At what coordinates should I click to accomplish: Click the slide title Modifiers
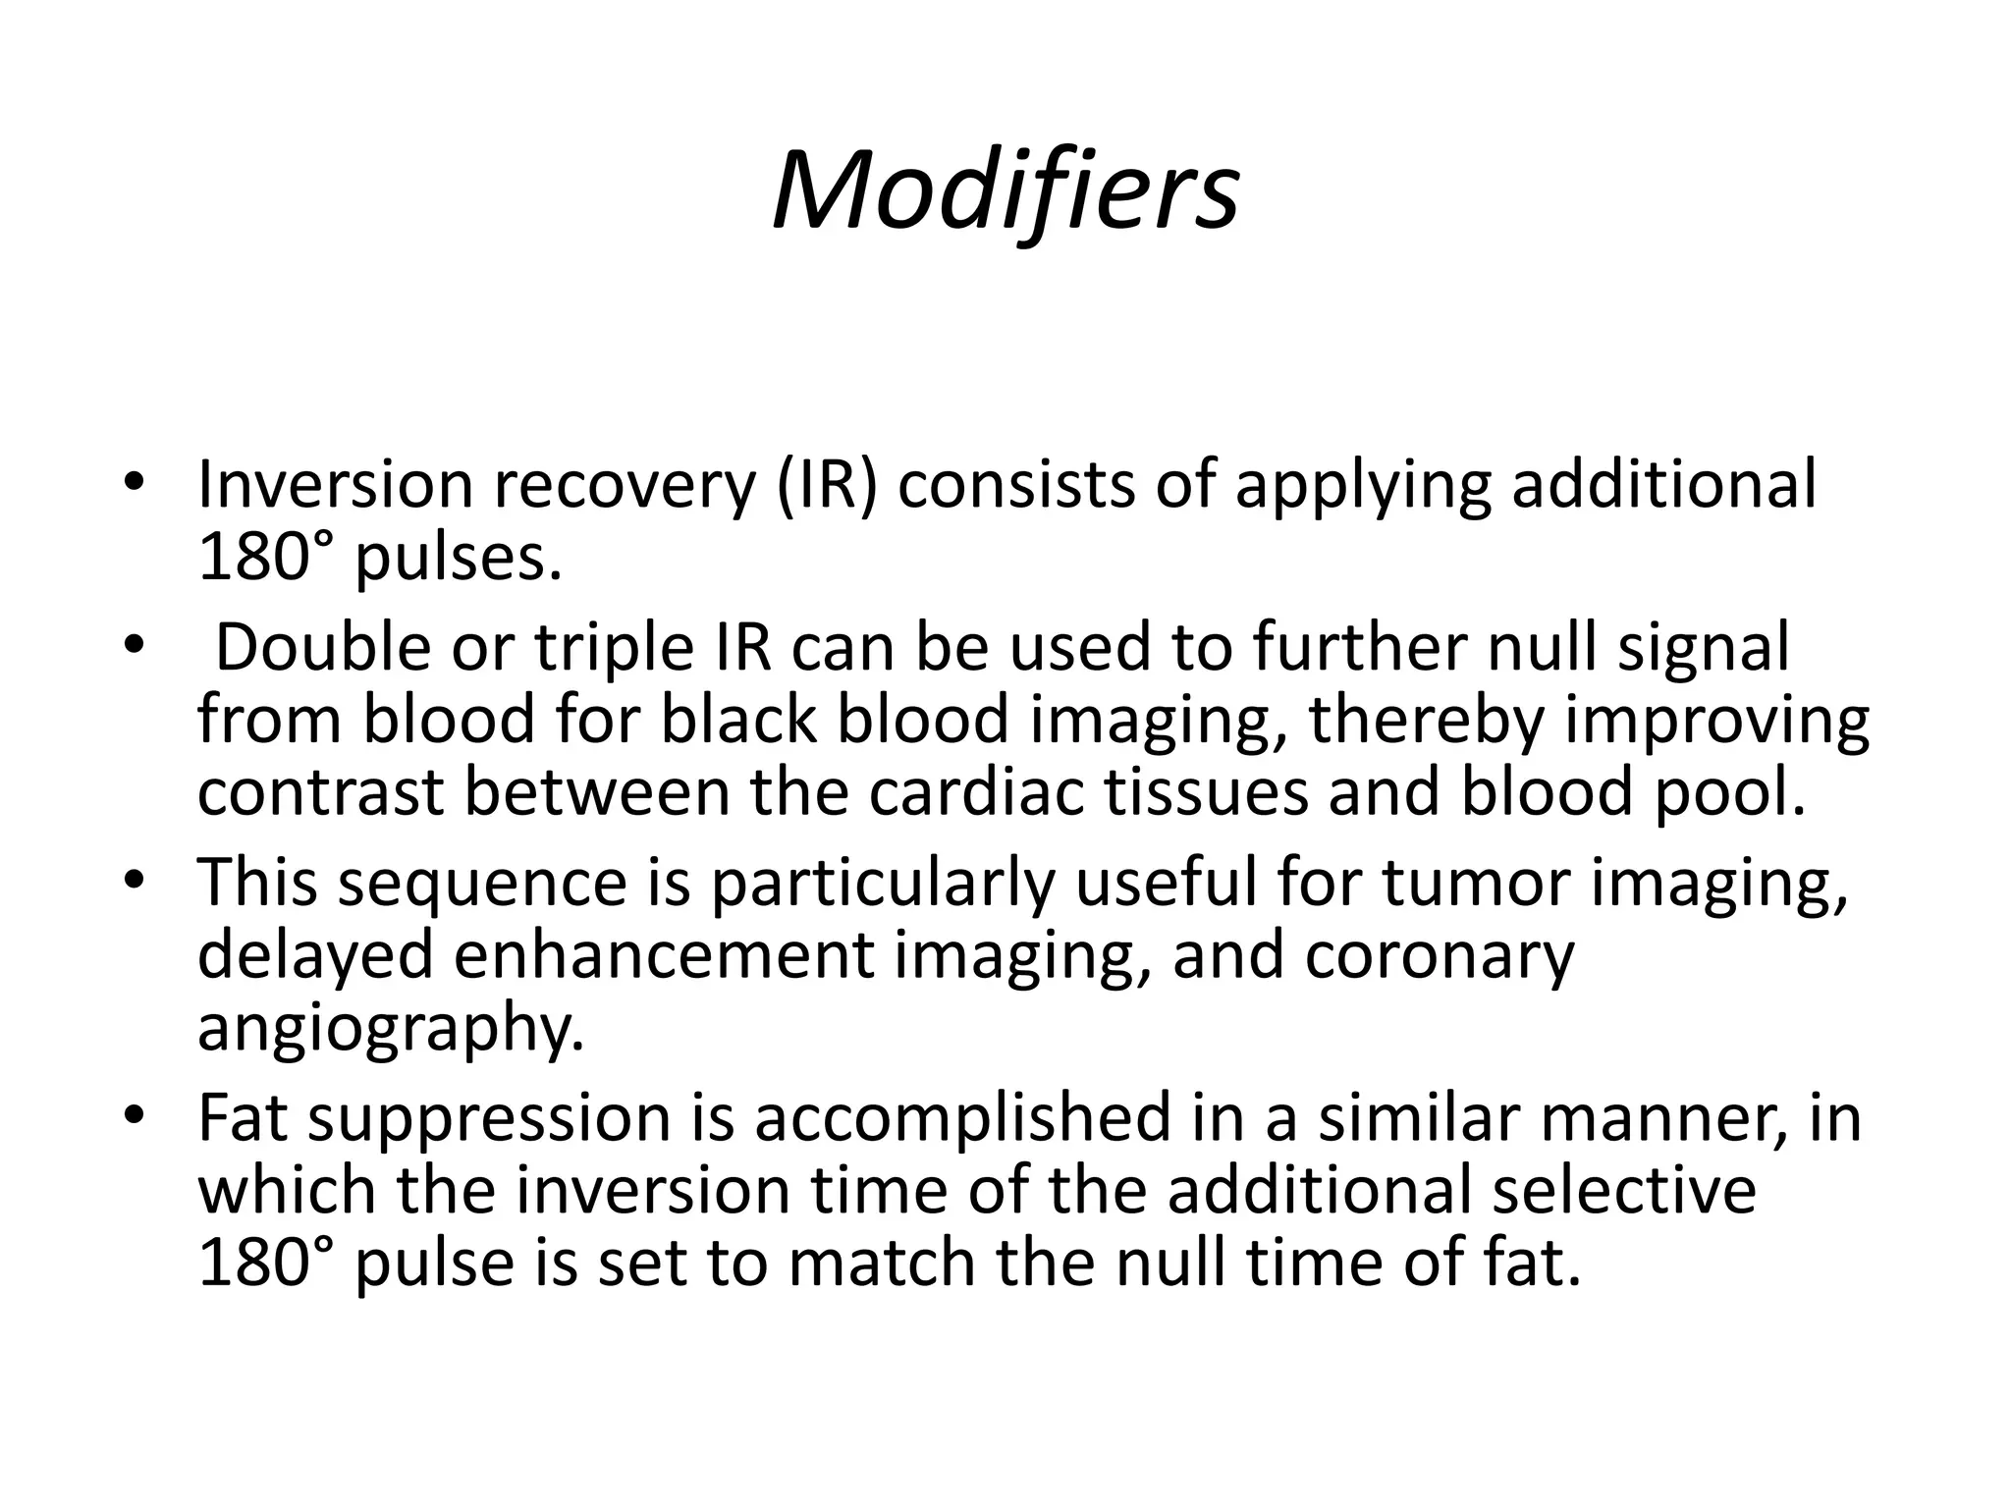pos(1005,190)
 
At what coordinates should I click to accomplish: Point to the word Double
pos(323,649)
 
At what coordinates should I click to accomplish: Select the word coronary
pos(1440,954)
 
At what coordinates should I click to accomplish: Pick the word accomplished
pos(962,1118)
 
